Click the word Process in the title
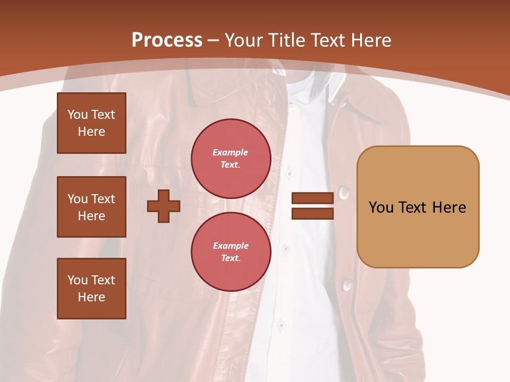coord(167,40)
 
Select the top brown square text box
coord(91,123)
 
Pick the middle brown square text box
coord(91,207)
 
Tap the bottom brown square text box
coord(91,289)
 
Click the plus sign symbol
coord(164,206)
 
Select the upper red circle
coord(231,159)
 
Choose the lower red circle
coord(231,252)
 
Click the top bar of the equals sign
coord(312,198)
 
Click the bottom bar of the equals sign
coord(312,213)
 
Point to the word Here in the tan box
coord(449,207)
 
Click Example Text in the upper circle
coord(231,159)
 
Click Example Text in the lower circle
coord(231,252)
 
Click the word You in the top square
coord(78,115)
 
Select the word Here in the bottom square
coord(91,297)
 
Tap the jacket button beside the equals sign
coord(344,192)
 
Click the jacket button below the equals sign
coord(348,285)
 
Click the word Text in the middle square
coord(103,199)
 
